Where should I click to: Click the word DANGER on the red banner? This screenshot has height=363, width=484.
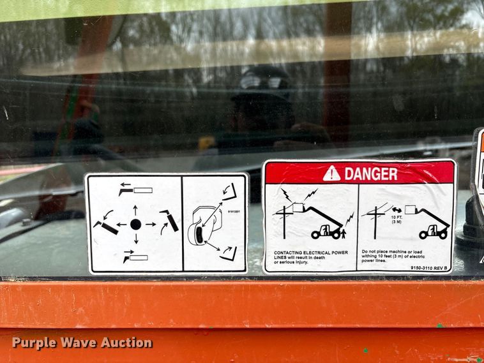370,174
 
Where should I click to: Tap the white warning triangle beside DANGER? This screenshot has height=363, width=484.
331,174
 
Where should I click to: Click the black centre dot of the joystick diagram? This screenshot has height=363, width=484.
135,224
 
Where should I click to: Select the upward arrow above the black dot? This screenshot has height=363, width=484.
135,210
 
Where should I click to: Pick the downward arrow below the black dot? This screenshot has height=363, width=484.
135,239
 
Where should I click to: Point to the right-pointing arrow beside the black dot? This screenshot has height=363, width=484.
151,224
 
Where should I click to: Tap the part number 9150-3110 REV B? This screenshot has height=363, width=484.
429,268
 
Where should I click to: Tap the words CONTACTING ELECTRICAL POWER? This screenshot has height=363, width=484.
310,253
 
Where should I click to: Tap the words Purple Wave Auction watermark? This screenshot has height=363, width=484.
82,343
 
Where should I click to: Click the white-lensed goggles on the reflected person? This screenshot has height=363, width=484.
261,82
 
